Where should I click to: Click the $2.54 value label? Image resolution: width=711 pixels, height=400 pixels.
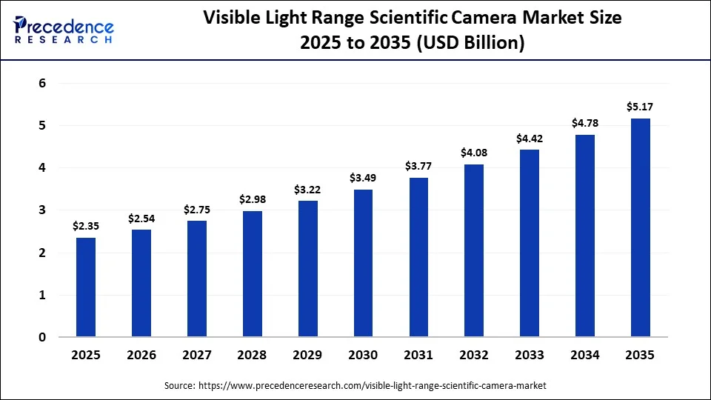pyautogui.click(x=141, y=219)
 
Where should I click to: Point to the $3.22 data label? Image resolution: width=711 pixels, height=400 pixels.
pyautogui.click(x=307, y=190)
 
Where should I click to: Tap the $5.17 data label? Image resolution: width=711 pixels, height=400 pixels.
pyautogui.click(x=640, y=107)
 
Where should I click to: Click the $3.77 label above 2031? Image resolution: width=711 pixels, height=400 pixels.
pyautogui.click(x=418, y=167)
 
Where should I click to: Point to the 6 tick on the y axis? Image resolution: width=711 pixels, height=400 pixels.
pyautogui.click(x=42, y=84)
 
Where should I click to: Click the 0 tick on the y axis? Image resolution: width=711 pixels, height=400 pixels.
pyautogui.click(x=42, y=338)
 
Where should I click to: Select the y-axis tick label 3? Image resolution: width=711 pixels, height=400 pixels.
pyautogui.click(x=42, y=210)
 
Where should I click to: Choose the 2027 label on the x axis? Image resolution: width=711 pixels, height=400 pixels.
pyautogui.click(x=196, y=356)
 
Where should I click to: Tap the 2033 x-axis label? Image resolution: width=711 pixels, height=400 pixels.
pyautogui.click(x=529, y=356)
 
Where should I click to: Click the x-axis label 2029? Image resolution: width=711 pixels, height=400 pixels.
pyautogui.click(x=307, y=356)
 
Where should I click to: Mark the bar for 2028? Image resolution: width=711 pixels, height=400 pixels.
pyautogui.click(x=252, y=274)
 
